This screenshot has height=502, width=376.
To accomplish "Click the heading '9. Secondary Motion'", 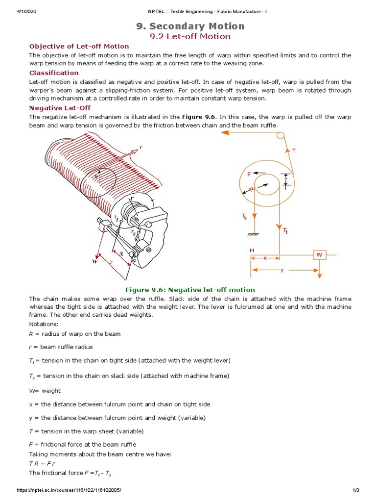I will (190, 26).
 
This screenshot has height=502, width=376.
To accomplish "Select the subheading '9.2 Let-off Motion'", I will (190, 36).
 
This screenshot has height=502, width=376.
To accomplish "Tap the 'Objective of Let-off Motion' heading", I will (79, 46).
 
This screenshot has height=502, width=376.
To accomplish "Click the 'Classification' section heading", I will (54, 73).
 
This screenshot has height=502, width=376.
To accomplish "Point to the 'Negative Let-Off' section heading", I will (60, 108).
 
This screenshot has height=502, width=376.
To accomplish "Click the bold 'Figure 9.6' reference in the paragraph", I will (199, 117).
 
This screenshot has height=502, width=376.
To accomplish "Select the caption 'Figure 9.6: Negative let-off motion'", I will (190, 290).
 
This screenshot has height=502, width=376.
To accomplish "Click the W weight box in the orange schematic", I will (320, 255).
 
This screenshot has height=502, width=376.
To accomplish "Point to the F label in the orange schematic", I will (249, 174).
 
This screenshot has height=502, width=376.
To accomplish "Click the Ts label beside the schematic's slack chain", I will (244, 216).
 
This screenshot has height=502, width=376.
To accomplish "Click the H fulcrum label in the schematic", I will (252, 250).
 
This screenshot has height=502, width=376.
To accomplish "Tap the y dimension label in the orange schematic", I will (282, 270).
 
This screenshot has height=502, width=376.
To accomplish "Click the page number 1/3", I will (356, 490).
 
